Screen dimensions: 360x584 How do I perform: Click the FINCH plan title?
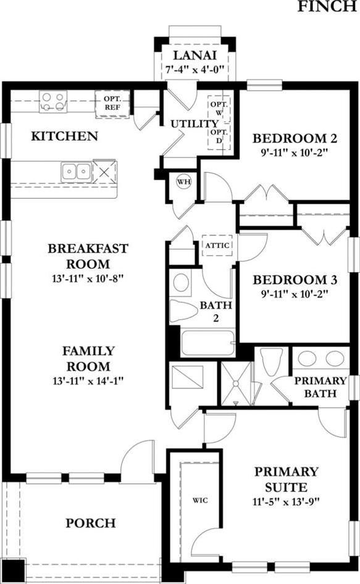[327, 6]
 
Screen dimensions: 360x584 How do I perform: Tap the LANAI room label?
[195, 56]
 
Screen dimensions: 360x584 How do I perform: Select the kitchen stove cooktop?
[53, 102]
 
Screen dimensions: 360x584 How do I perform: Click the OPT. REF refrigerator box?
[112, 104]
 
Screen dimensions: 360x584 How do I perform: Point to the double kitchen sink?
[77, 172]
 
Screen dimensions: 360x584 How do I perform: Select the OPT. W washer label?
[219, 107]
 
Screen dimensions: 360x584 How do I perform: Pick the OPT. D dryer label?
[219, 136]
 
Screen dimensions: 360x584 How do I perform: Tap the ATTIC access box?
[217, 245]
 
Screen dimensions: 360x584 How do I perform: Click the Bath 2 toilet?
[184, 311]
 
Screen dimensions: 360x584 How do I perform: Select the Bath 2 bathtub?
[208, 342]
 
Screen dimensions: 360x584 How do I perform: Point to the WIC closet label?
[200, 500]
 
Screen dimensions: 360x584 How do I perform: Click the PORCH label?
[91, 523]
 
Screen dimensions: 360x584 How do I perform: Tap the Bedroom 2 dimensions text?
[295, 153]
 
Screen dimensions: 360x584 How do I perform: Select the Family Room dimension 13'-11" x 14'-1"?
[88, 381]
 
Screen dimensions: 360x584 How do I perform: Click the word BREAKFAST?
[88, 248]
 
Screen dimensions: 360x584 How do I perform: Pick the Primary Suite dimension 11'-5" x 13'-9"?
[287, 502]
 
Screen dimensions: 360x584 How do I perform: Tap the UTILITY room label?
[194, 124]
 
